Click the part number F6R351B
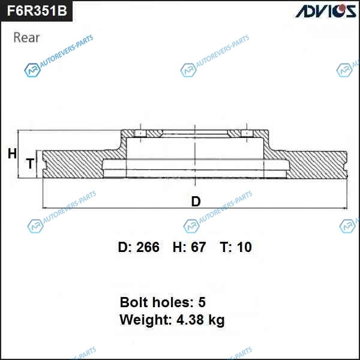tap(37, 11)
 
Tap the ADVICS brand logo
tap(326, 11)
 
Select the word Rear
tap(26, 37)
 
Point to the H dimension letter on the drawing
tap(12, 154)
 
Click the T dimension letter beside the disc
tap(30, 163)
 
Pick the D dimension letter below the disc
tap(196, 202)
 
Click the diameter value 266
tap(148, 247)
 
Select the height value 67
tap(198, 247)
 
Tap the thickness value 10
tap(244, 247)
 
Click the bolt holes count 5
tap(202, 302)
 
